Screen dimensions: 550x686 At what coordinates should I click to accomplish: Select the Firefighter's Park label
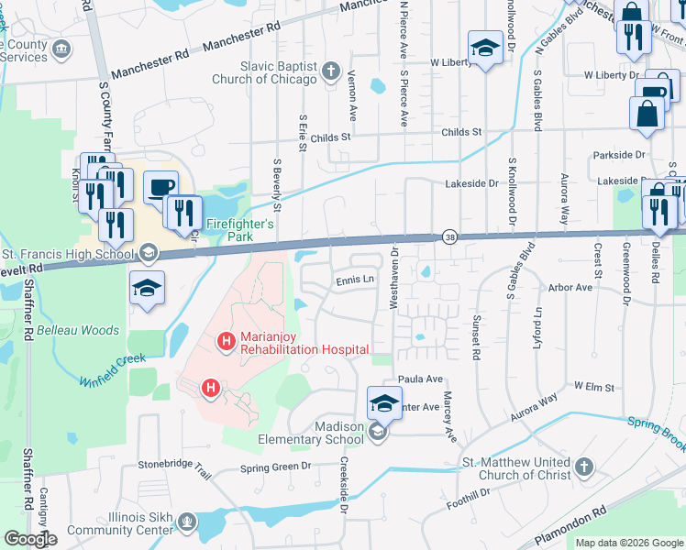pos(239,224)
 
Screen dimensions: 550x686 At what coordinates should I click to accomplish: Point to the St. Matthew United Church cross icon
pos(582,468)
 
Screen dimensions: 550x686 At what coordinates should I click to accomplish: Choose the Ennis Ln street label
pos(356,280)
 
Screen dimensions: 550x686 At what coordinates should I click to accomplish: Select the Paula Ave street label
pos(419,379)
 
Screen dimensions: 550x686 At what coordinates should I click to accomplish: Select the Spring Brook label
pos(656,432)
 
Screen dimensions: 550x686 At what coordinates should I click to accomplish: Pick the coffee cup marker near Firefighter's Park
pos(160,186)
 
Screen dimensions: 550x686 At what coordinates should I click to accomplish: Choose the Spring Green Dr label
pos(276,467)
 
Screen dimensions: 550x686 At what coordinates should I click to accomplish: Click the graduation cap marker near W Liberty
pos(484,48)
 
